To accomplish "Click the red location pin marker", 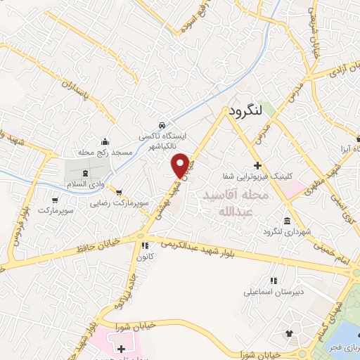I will [181, 165].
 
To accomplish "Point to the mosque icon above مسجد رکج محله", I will [105, 140].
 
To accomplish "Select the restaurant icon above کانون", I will [145, 245].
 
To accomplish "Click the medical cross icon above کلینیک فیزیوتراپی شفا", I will [258, 166].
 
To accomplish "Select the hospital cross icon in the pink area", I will [121, 348].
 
